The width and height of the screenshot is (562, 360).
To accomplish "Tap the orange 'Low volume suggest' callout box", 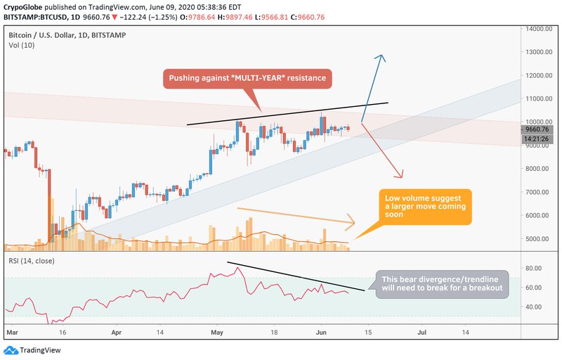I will pyautogui.click(x=424, y=207).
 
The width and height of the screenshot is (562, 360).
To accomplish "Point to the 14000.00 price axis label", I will pyautogui.click(x=537, y=29).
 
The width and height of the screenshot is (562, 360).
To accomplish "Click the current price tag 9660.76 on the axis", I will pyautogui.click(x=538, y=129).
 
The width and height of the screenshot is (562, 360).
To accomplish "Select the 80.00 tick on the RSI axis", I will pyautogui.click(x=533, y=268).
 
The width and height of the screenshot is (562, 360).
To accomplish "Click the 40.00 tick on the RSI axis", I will pyautogui.click(x=533, y=307).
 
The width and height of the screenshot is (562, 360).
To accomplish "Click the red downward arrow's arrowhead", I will pyautogui.click(x=403, y=176).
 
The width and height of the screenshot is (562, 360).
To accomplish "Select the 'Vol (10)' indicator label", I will pyautogui.click(x=20, y=45).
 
